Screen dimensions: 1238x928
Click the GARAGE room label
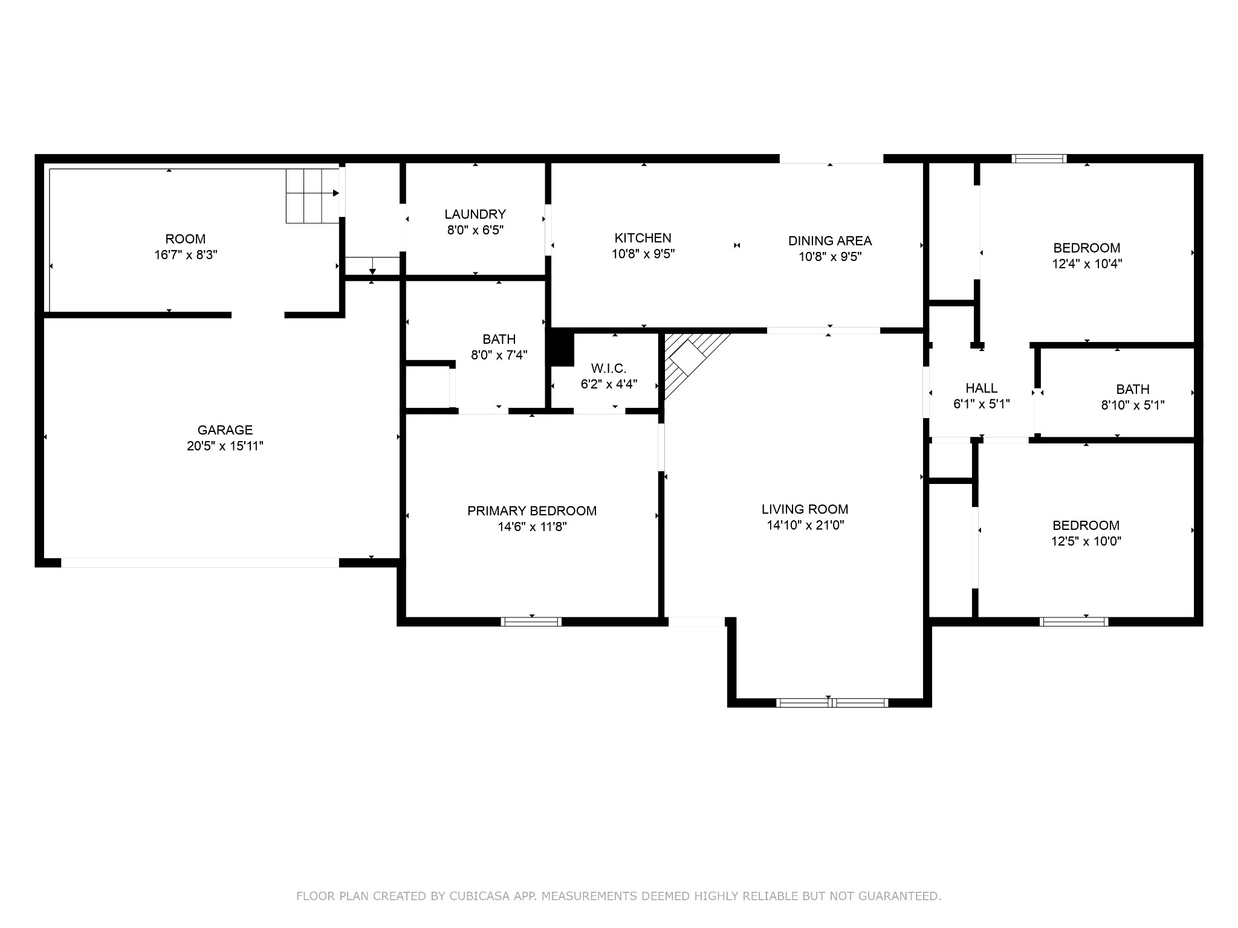pos(225,430)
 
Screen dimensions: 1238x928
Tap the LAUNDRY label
pos(475,214)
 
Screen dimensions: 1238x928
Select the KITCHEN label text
pos(643,238)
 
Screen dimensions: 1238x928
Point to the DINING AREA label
pos(830,240)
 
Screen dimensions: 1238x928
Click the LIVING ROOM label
pos(805,509)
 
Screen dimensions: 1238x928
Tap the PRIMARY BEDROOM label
pos(532,511)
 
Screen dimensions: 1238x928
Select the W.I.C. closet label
pos(609,369)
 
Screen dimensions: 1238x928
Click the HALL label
pos(982,388)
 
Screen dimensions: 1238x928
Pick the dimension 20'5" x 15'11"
pos(225,446)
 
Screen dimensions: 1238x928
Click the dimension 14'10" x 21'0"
pos(805,526)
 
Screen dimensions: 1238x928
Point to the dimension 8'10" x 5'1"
pos(1133,405)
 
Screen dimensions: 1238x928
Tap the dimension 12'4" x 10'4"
pos(1087,264)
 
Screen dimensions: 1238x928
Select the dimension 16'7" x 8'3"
pos(186,255)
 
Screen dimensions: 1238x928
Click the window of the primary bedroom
pos(531,622)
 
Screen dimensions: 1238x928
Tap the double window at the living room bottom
pos(832,703)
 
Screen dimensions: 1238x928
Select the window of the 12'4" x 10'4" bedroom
pos(1039,159)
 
